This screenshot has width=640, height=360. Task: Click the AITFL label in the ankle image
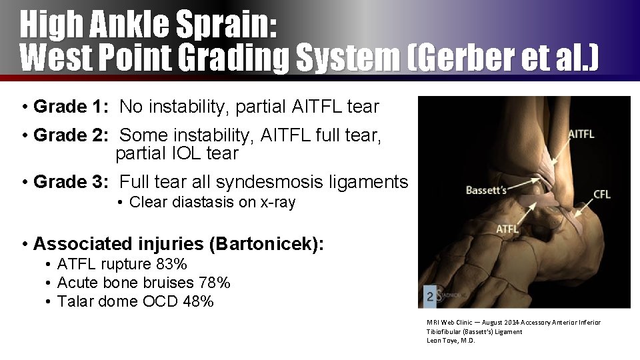pyautogui.click(x=581, y=134)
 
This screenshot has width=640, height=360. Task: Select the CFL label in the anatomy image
pyautogui.click(x=601, y=195)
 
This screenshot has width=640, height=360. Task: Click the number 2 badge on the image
pyautogui.click(x=430, y=296)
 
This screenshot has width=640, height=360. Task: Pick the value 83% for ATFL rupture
pyautogui.click(x=170, y=264)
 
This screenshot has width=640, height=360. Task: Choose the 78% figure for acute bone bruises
pyautogui.click(x=214, y=283)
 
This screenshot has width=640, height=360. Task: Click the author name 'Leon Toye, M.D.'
pyautogui.click(x=451, y=340)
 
